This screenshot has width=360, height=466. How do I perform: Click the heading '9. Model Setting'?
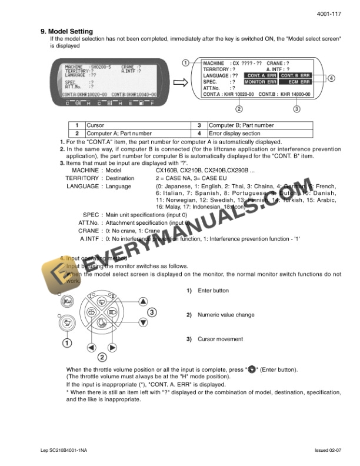pyautogui.click(x=70, y=31)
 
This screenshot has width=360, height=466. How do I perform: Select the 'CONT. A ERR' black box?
pyautogui.click(x=261, y=76)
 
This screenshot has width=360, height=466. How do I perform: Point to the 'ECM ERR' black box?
pyautogui.click(x=295, y=82)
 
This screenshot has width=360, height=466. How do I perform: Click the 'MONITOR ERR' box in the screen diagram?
pyautogui.click(x=261, y=82)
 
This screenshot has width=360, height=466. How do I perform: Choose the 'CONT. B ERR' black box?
pyautogui.click(x=295, y=76)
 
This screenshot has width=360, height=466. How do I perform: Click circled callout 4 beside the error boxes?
pyautogui.click(x=331, y=78)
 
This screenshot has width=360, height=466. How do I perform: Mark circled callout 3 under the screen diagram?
pyautogui.click(x=296, y=108)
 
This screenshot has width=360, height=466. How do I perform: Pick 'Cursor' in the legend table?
pyautogui.click(x=95, y=125)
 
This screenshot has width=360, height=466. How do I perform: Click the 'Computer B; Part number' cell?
pyautogui.click(x=241, y=125)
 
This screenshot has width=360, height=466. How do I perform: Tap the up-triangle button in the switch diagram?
pyautogui.click(x=142, y=301)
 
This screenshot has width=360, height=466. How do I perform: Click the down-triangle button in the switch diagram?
pyautogui.click(x=142, y=322)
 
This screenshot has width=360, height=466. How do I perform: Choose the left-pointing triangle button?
pyautogui.click(x=92, y=347)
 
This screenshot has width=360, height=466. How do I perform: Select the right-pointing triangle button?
pyautogui.click(x=112, y=347)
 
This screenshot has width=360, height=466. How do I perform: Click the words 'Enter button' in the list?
pyautogui.click(x=214, y=291)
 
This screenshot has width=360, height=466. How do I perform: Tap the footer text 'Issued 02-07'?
pyautogui.click(x=328, y=450)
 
